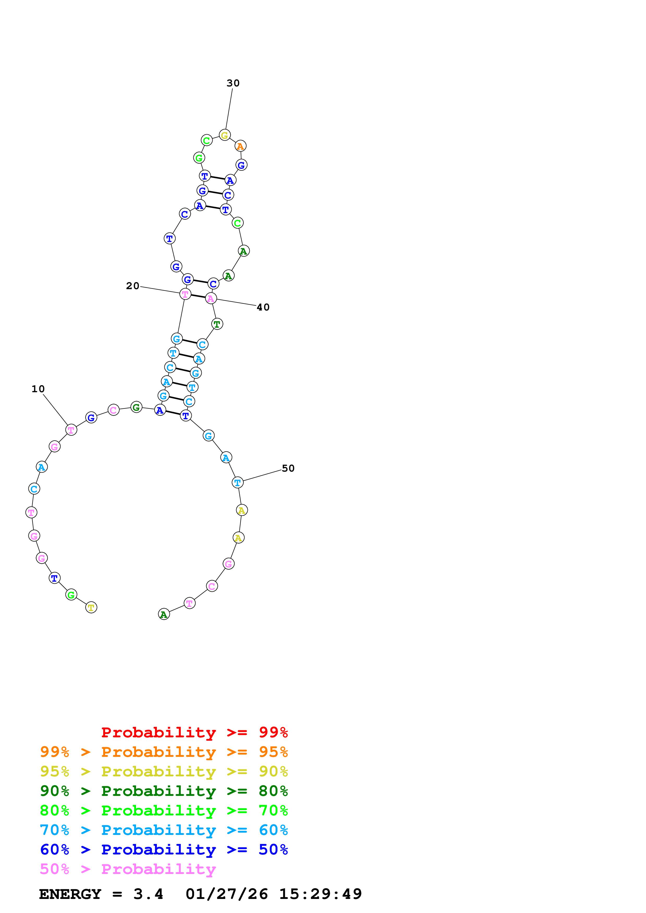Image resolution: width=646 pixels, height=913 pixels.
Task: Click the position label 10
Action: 38,389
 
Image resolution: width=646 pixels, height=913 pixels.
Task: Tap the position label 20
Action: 133,286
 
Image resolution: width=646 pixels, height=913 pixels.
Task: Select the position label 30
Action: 233,83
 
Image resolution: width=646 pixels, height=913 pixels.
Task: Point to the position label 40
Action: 263,307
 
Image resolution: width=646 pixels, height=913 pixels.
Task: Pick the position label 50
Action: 288,468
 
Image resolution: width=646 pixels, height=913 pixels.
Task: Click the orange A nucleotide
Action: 240,146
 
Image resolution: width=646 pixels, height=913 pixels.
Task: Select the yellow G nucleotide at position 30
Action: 224,136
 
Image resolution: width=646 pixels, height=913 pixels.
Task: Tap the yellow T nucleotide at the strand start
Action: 91,608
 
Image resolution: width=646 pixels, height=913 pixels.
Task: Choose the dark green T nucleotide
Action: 217,324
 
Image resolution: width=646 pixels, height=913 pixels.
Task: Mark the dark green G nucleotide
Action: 136,407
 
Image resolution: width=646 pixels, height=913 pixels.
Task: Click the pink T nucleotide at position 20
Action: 185,294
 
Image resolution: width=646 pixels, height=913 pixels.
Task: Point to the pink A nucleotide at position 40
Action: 211,299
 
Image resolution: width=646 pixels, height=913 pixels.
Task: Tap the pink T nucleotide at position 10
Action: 71,430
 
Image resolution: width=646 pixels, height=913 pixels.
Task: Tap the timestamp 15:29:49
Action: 321,894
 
